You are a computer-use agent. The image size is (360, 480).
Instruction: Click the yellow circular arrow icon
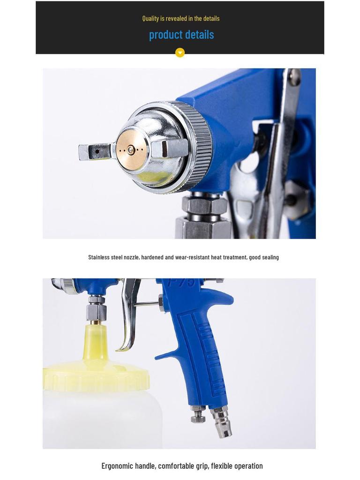(x=180, y=52)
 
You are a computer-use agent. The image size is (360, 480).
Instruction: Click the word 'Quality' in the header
(x=150, y=18)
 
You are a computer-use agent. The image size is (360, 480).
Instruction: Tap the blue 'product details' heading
(x=181, y=35)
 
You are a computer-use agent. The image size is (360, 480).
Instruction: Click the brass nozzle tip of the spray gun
(x=131, y=150)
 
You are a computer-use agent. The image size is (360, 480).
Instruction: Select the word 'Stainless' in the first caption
(x=99, y=257)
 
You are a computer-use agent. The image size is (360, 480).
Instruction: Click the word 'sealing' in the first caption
(x=270, y=257)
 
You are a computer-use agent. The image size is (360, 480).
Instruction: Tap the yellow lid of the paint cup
(x=96, y=378)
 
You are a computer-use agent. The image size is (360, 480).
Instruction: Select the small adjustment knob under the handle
(x=198, y=414)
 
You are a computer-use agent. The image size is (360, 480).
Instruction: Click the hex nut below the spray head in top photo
(x=204, y=205)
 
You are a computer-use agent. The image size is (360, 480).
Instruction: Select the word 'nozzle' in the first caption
(x=131, y=257)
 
